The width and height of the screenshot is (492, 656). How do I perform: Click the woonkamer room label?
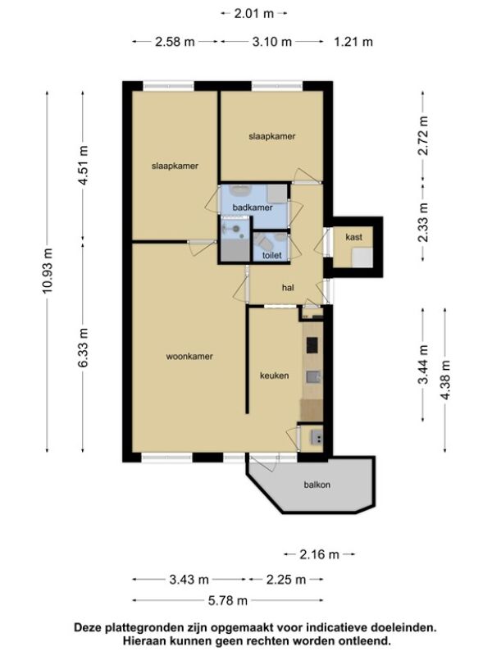pos(189,357)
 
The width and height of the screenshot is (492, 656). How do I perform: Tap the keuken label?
pos(275,376)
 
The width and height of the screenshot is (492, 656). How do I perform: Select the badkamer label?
pos(253,207)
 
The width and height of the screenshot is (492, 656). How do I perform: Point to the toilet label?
pos(272,255)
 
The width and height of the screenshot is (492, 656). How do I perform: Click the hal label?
pos(288,288)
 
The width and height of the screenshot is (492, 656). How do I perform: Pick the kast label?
pos(354,237)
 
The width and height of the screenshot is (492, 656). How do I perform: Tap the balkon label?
pos(317,485)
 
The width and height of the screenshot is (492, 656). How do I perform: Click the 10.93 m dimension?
pos(48,271)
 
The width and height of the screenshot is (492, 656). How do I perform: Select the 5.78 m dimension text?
pos(228,600)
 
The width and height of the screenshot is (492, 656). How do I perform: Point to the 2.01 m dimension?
pos(254,13)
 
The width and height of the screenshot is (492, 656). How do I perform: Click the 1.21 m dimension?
pos(353,42)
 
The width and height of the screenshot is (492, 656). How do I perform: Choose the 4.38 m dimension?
pos(445,380)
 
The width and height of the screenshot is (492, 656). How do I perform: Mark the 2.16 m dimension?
pos(319,554)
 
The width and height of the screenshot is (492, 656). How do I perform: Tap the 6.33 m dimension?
pos(84,348)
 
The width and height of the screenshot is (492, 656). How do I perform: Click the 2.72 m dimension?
pos(423,135)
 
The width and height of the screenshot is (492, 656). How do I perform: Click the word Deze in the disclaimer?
pos(88,627)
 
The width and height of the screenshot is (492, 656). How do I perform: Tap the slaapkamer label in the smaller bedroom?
pos(272,136)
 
